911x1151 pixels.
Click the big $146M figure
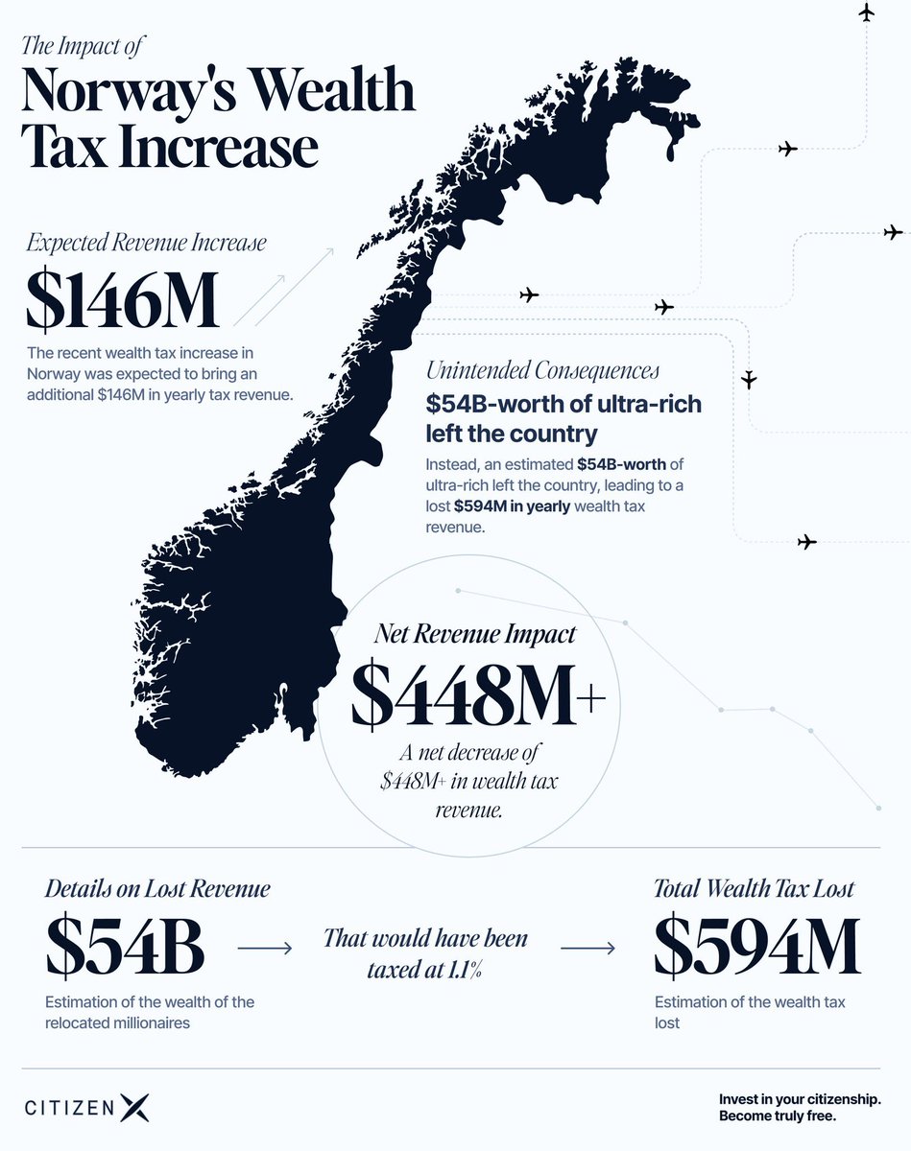(122, 299)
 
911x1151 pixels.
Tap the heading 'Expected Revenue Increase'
(145, 243)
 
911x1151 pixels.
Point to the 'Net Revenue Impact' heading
(475, 634)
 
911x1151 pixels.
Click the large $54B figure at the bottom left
(125, 947)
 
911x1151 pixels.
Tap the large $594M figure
(756, 947)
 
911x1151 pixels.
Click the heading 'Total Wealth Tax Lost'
(754, 889)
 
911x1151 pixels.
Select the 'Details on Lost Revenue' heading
(157, 889)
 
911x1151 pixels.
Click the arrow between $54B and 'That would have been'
(264, 949)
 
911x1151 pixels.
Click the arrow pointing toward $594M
(587, 949)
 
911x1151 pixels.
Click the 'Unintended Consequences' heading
(542, 370)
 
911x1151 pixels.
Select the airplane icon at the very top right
(866, 12)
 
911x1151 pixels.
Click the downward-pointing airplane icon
(750, 378)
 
